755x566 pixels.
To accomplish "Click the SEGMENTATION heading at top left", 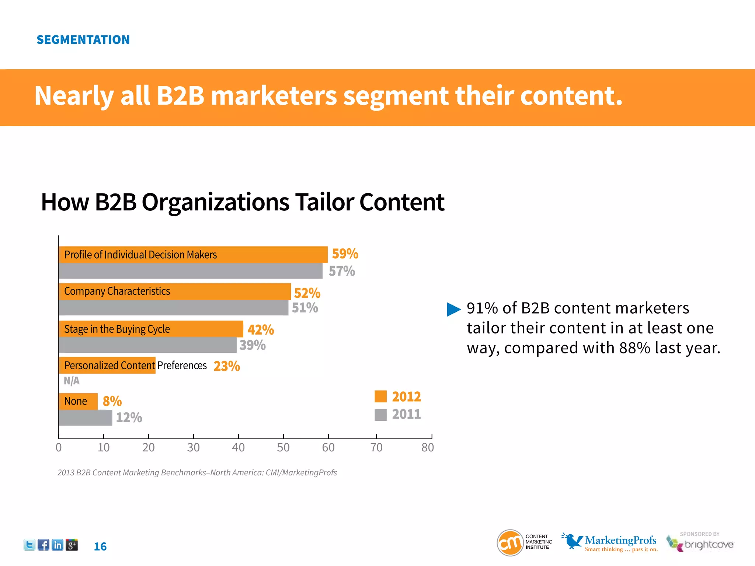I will point(83,40).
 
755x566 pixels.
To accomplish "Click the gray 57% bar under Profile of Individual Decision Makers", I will point(190,271).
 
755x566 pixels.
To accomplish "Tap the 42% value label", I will point(261,329).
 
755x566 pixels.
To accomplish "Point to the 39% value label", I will point(253,345).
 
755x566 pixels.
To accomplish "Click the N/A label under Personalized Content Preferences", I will point(72,381).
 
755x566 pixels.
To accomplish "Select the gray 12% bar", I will point(85,417).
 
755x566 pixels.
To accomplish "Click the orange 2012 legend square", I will point(380,396).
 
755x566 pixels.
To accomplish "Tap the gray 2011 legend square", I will point(380,415).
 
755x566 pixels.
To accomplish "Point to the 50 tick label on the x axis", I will point(283,447).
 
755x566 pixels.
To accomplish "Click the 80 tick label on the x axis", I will point(428,447).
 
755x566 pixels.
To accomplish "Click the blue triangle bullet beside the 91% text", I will point(453,309).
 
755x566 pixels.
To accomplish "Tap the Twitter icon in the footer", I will point(29,545).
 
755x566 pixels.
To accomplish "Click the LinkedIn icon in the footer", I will point(58,545).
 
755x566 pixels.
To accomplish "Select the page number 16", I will point(100,546).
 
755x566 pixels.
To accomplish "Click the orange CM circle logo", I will point(510,542).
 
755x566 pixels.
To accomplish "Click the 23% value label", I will point(227,366).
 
